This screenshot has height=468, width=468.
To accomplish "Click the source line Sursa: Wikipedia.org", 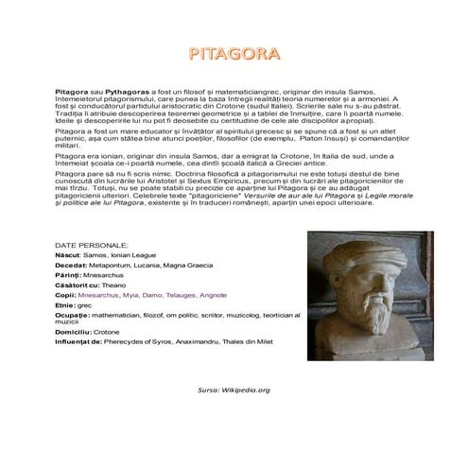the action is tap(234, 390).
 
